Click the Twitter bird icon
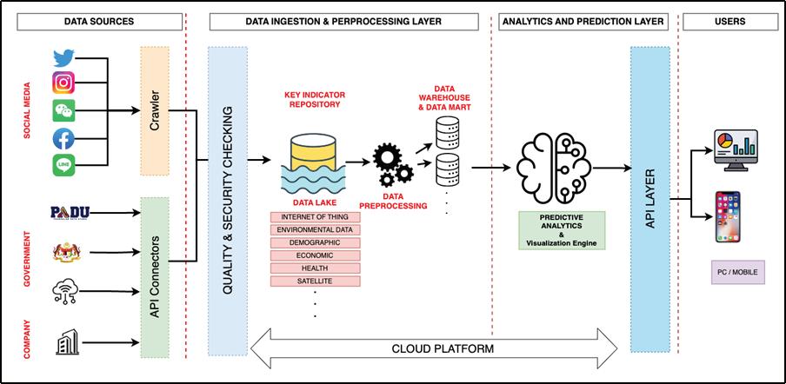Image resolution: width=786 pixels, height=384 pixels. (x=63, y=58)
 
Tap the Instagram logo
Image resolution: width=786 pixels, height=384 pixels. (x=63, y=83)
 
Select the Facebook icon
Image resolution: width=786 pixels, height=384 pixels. (x=63, y=137)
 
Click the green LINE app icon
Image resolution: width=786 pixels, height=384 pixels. (x=63, y=164)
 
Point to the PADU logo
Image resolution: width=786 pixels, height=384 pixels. (x=70, y=212)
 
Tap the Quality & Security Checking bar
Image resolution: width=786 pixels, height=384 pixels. (x=228, y=200)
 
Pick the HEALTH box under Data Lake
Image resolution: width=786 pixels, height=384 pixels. (x=315, y=268)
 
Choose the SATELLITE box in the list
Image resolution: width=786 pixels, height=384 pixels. (x=315, y=282)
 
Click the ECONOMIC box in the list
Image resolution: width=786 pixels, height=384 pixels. (x=315, y=255)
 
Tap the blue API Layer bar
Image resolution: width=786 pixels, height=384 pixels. (x=649, y=200)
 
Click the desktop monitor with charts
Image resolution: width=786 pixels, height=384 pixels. (x=734, y=149)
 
